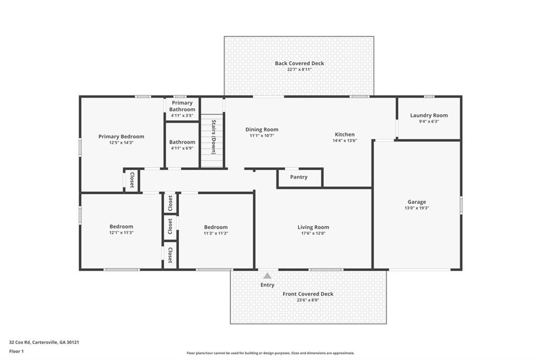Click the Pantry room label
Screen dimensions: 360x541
point(299,177)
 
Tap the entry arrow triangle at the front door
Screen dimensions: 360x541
point(267,276)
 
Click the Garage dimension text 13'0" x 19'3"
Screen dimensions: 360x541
point(416,208)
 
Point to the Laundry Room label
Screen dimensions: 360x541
point(428,115)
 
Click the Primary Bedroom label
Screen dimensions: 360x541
point(121,136)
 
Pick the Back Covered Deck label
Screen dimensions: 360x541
point(299,63)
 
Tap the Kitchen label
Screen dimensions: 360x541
point(344,134)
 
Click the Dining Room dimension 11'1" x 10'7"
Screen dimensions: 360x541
point(262,136)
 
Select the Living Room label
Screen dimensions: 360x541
point(313,227)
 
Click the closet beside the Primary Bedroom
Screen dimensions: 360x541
point(132,181)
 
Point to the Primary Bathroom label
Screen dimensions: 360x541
point(182,106)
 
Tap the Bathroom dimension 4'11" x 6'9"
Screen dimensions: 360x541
point(182,148)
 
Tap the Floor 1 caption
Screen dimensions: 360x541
point(17,350)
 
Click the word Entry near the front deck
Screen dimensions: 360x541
point(267,285)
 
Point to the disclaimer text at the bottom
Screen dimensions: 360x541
point(270,353)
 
